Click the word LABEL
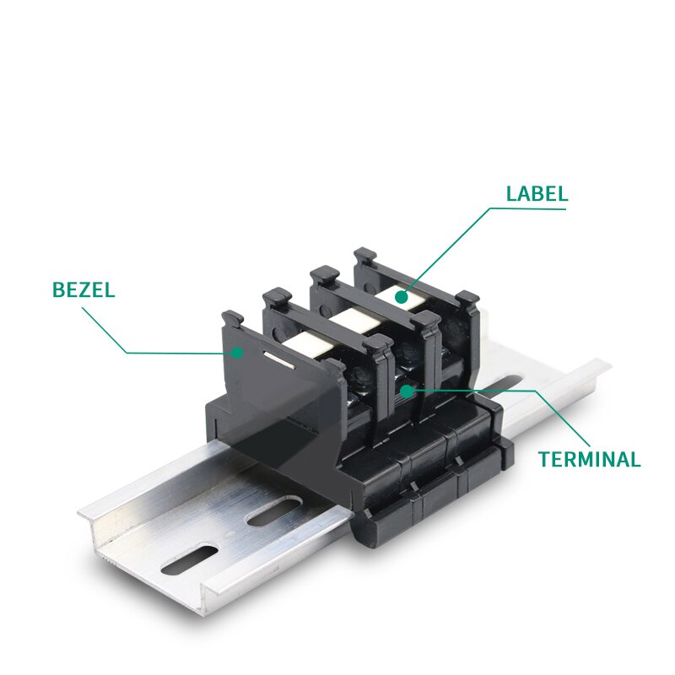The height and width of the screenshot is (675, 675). click(537, 194)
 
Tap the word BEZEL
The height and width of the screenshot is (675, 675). click(84, 289)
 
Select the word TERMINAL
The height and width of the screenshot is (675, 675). click(589, 459)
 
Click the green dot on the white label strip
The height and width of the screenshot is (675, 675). click(402, 297)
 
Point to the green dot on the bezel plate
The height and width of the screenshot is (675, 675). click(237, 353)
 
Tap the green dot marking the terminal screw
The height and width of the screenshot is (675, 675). click(407, 391)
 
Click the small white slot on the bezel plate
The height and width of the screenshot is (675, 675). click(279, 360)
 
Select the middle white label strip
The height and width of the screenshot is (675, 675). click(356, 320)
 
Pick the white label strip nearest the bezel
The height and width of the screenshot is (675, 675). click(309, 343)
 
